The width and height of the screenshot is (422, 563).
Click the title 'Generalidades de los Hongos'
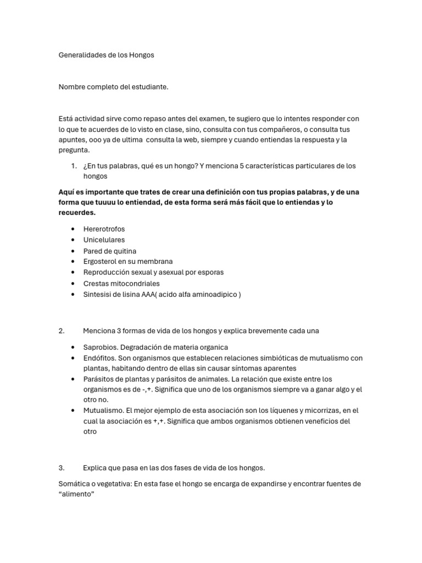107,55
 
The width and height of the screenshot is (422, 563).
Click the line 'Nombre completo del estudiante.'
113,87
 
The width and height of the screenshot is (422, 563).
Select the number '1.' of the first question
74,166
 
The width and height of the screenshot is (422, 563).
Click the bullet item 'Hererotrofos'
104,229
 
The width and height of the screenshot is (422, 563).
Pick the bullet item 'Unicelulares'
104,240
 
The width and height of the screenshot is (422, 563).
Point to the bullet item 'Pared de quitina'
110,251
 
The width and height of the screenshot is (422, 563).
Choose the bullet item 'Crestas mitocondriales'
121,284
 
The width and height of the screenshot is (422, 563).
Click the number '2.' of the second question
62,331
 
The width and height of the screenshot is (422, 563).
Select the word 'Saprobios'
100,347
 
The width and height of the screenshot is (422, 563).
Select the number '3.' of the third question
62,468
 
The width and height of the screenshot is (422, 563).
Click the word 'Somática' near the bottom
73,484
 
